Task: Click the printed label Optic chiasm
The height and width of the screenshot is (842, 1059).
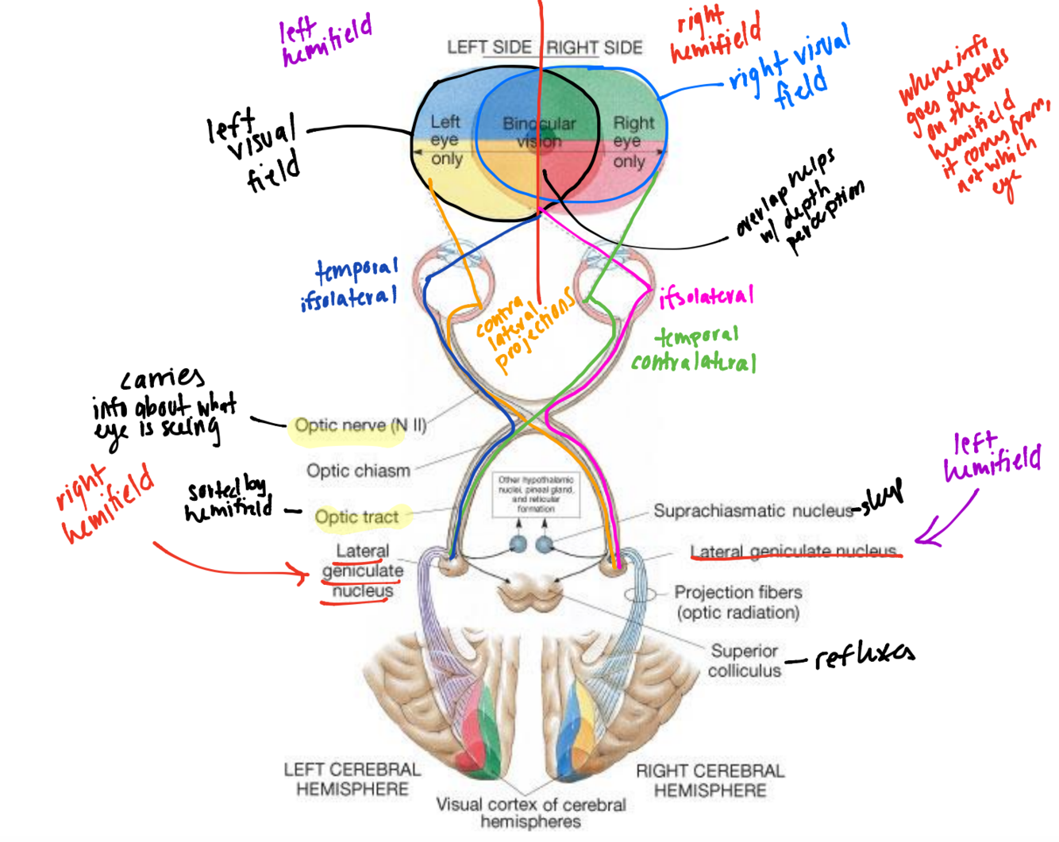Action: coord(358,471)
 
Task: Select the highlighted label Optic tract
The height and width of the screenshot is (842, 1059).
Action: coord(356,517)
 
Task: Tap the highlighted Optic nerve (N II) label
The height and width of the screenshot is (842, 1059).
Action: coord(360,425)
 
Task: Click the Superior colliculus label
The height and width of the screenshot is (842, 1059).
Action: coord(744,661)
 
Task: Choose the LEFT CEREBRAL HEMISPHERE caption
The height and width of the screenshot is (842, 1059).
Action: coord(352,779)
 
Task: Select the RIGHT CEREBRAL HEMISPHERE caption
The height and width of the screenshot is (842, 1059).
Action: coord(710,781)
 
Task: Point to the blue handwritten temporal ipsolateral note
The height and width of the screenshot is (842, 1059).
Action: coord(350,283)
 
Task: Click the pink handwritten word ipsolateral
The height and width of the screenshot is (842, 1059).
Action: coord(706,297)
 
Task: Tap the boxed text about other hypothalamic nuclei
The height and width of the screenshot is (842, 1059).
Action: coord(536,494)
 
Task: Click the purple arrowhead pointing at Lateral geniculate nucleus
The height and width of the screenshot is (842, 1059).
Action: coord(922,540)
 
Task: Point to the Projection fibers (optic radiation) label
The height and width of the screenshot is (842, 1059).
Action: coord(737,602)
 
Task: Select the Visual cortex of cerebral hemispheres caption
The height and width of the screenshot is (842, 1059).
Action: coord(530,813)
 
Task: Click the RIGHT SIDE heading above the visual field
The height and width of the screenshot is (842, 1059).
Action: coord(594,48)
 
